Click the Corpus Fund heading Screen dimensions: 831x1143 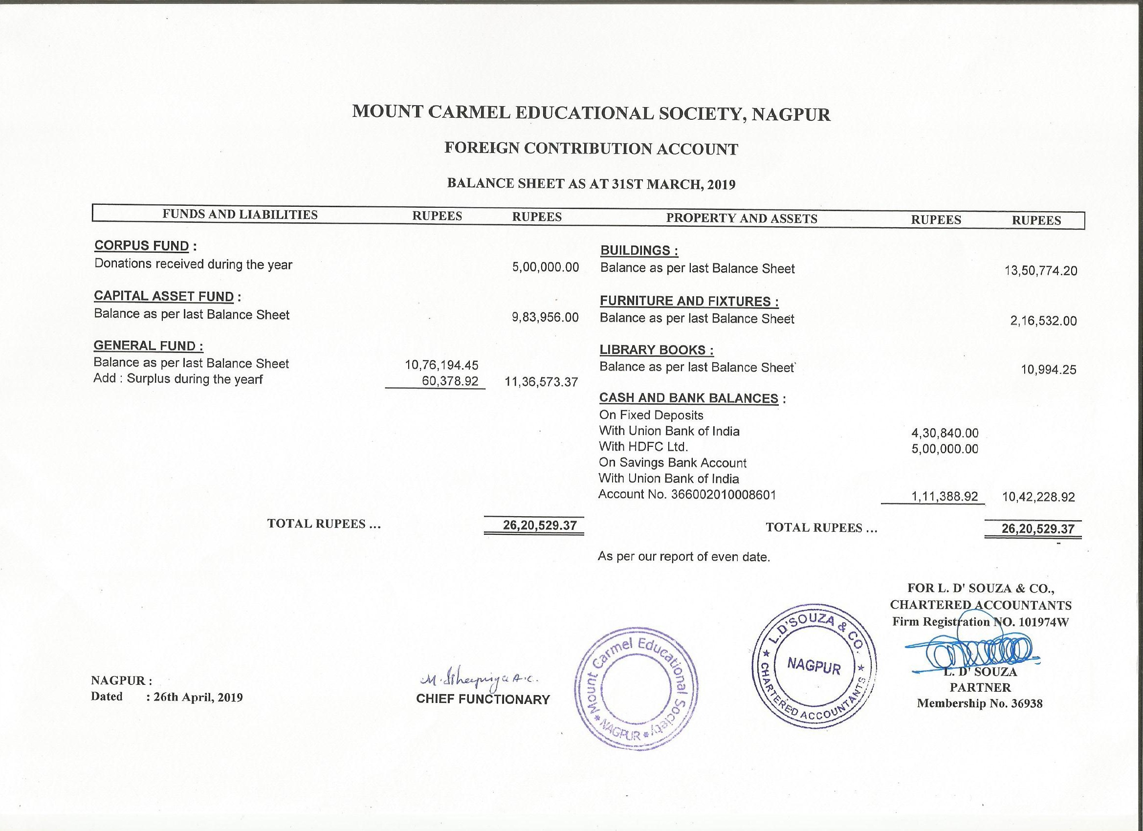pos(142,246)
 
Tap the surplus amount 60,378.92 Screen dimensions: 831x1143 pos(450,381)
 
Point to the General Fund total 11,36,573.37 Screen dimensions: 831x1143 pos(541,382)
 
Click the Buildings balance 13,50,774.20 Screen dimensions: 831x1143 pos(1041,271)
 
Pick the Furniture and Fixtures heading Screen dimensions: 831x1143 pos(688,301)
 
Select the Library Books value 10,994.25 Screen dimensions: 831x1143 pos(1048,370)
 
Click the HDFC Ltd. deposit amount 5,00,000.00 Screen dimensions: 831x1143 pos(945,449)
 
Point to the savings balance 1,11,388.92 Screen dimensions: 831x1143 pos(944,496)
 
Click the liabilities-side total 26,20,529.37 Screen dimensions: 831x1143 pos(539,525)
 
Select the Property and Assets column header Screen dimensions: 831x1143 pos(741,219)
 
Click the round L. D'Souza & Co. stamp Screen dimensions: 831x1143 pos(813,665)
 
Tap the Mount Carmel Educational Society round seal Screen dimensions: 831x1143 pos(636,689)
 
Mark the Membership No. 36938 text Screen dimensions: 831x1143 pos(979,703)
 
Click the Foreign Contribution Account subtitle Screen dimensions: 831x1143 pos(591,149)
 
